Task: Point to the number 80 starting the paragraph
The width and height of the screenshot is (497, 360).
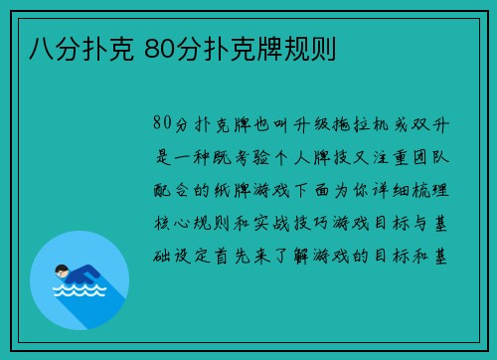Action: [164, 124]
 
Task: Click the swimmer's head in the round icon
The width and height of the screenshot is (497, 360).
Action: [62, 270]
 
